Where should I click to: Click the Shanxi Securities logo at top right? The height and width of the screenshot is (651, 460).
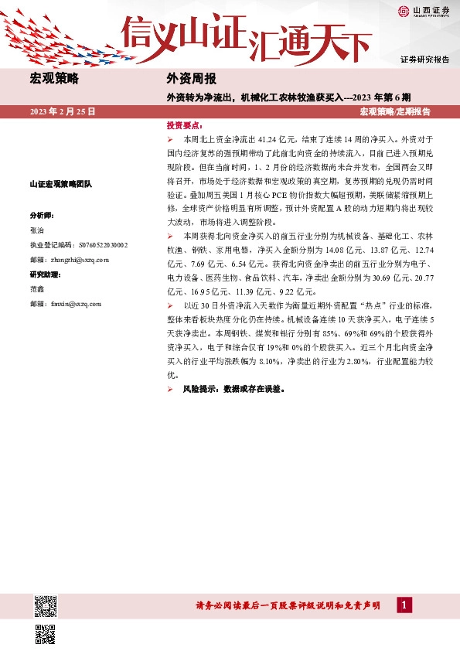click(x=424, y=11)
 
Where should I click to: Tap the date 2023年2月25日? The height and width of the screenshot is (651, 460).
click(x=63, y=111)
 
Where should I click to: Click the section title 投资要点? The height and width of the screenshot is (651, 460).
click(x=185, y=124)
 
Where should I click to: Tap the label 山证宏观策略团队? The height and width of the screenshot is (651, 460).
click(x=60, y=184)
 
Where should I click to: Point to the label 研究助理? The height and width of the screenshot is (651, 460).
click(x=45, y=274)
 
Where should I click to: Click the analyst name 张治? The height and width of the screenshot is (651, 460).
click(x=37, y=230)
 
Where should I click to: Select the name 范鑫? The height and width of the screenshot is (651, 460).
click(x=37, y=288)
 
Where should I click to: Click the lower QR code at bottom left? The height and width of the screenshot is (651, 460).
click(x=46, y=633)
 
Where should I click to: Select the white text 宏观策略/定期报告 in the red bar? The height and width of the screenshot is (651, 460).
click(x=395, y=111)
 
